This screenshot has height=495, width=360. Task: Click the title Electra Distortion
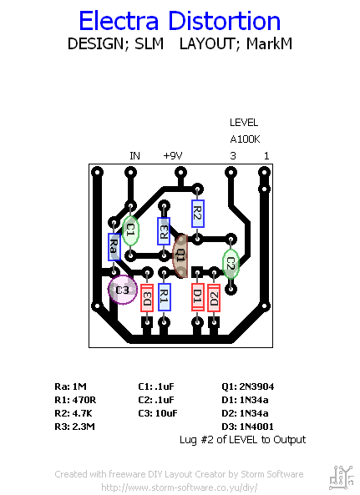click(180, 21)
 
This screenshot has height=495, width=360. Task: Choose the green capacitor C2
click(231, 264)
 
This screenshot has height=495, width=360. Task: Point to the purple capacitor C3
click(122, 290)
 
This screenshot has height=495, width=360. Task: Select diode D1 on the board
click(197, 295)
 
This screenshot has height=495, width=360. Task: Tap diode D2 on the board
click(214, 295)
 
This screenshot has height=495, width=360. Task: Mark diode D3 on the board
click(147, 295)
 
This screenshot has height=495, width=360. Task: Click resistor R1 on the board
click(164, 295)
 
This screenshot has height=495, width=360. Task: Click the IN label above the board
click(134, 156)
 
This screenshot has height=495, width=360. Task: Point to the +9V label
click(172, 156)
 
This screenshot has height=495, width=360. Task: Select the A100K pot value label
click(246, 139)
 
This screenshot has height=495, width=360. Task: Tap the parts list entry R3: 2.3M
click(74, 427)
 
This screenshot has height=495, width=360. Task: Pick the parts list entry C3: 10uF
click(158, 413)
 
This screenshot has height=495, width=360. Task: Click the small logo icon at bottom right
click(341, 477)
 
